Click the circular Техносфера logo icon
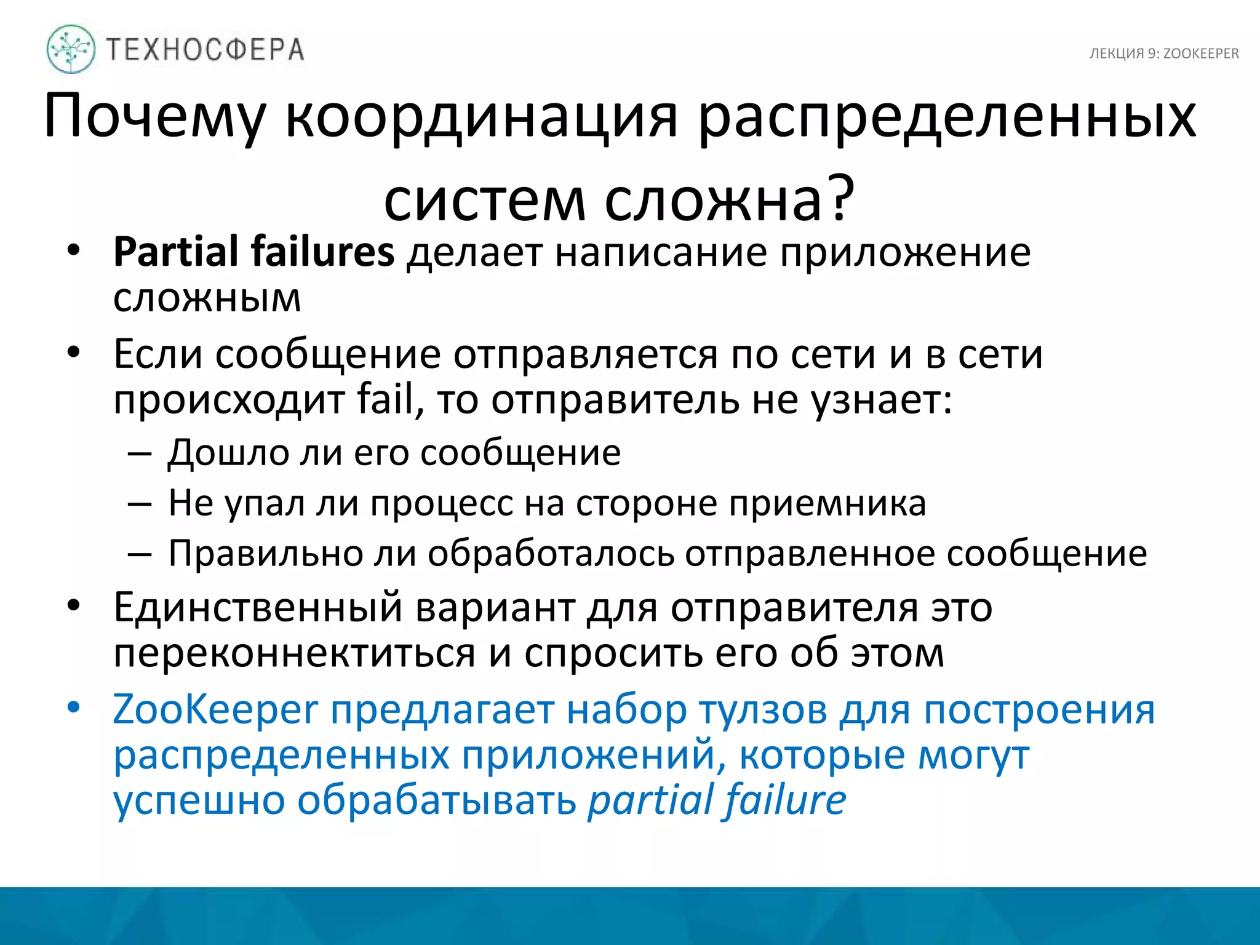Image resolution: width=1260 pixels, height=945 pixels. (x=71, y=49)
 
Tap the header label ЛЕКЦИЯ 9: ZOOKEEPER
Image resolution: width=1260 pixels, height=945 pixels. (x=1164, y=54)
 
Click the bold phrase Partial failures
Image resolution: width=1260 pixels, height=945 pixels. (x=253, y=252)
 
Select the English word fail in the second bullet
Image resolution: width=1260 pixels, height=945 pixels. (x=390, y=400)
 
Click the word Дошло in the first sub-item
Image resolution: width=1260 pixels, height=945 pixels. (x=228, y=453)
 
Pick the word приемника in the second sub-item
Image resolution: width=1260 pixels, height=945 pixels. (x=827, y=503)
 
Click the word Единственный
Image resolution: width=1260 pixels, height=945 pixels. (x=258, y=607)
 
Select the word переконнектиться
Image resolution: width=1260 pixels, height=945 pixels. (x=294, y=653)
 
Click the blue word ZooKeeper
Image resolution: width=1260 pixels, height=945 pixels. (x=215, y=709)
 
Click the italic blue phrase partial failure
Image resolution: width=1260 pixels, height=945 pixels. (x=717, y=800)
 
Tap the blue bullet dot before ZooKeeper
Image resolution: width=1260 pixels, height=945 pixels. (x=74, y=708)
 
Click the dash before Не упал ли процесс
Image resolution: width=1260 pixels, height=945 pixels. (x=140, y=504)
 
